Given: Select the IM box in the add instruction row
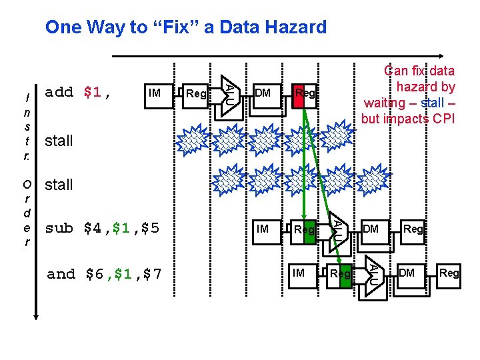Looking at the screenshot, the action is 155,93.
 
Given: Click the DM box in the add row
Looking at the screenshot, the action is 263,93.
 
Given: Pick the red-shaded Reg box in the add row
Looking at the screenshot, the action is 304,93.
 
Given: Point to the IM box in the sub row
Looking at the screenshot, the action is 263,229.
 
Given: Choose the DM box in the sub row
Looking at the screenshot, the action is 371,229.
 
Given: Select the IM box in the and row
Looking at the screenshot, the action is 299,272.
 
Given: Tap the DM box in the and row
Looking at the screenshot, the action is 407,272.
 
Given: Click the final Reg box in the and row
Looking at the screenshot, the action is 449,273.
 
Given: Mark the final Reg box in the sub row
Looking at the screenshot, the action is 413,229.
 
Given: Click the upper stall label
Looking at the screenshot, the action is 59,141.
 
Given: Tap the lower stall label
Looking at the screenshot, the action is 59,185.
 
